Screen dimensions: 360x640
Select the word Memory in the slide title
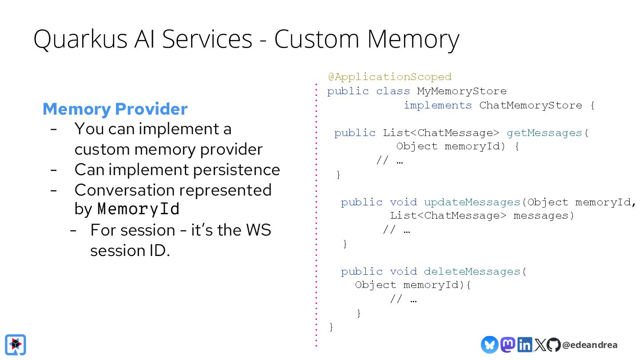point(413,39)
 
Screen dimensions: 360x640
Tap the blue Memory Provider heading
point(115,109)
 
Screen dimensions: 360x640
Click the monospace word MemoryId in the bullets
point(138,208)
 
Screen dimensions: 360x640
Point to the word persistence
point(236,170)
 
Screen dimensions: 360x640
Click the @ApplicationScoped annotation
point(390,77)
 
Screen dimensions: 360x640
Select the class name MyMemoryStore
point(462,91)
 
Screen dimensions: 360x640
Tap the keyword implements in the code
point(438,105)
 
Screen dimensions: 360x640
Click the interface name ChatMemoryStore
point(531,105)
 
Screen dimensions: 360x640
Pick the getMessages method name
point(544,133)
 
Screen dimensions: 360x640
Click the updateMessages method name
point(472,202)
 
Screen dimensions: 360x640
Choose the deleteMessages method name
point(472,272)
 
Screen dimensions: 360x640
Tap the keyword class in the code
point(393,91)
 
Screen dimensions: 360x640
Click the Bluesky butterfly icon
point(489,344)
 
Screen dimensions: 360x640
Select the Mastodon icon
point(508,344)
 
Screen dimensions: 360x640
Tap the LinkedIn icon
point(524,344)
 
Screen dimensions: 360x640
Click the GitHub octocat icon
point(553,344)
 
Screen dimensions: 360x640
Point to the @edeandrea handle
point(589,345)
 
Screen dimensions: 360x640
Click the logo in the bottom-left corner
point(16,344)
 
